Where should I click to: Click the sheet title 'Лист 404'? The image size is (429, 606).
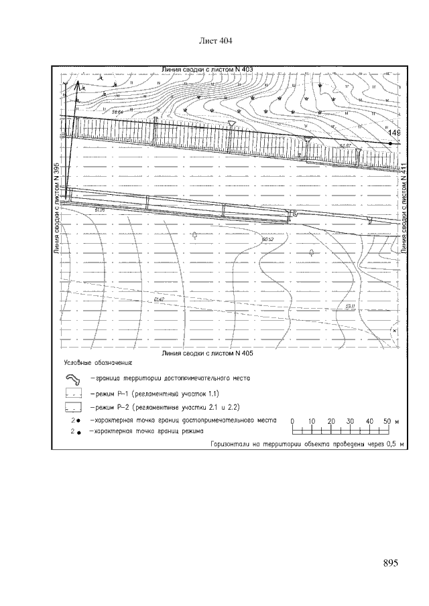point(215,42)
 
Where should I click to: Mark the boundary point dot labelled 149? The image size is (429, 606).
point(390,143)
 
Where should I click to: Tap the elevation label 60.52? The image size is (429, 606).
point(268,239)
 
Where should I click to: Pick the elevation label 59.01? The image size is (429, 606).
point(349,305)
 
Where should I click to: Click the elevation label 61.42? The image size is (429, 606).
point(158,299)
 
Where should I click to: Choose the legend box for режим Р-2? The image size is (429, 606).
point(73,406)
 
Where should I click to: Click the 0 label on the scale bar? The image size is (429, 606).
point(292,421)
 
